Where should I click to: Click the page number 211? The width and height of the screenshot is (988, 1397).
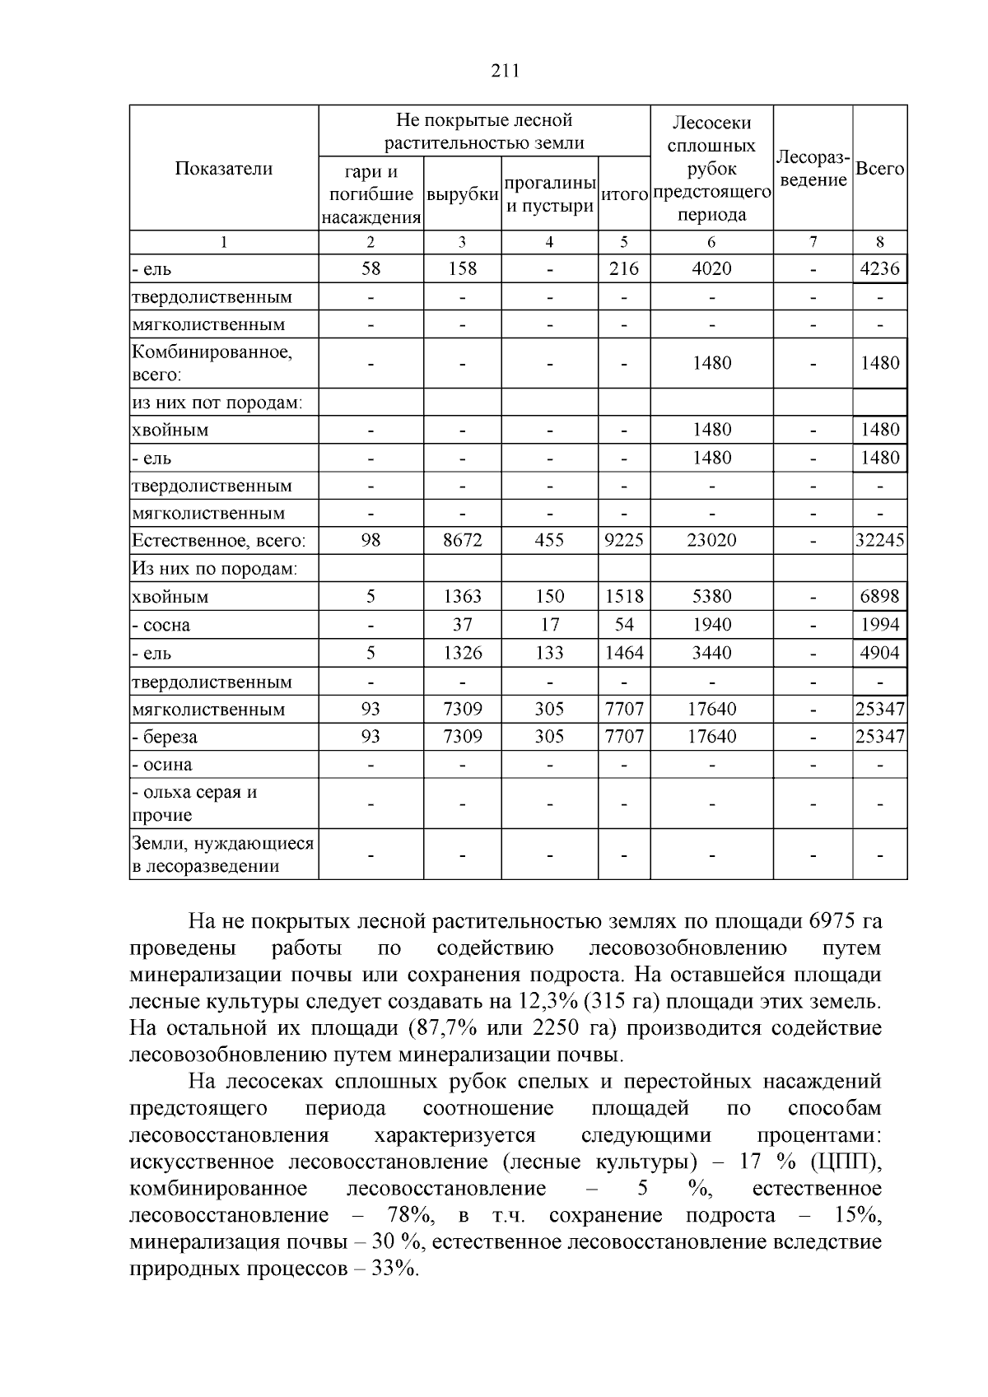click(505, 71)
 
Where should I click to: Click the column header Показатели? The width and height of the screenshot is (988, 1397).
click(223, 169)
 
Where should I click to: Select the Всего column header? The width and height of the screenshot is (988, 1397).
click(879, 169)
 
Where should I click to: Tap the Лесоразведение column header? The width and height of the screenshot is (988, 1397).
click(813, 169)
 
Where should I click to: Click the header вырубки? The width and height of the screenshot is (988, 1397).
click(463, 195)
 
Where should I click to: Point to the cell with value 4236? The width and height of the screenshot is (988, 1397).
click(879, 269)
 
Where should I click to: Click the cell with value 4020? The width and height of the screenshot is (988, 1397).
click(711, 269)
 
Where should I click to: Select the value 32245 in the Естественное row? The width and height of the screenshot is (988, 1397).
click(879, 541)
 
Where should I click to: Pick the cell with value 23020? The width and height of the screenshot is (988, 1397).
click(711, 541)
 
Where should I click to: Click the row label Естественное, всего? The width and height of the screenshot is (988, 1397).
click(219, 541)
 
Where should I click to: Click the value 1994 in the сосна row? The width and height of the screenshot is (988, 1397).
click(879, 625)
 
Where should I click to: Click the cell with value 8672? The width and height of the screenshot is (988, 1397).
click(463, 541)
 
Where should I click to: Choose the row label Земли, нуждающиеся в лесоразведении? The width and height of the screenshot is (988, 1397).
click(223, 854)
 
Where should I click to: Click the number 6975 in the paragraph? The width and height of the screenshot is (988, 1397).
click(834, 921)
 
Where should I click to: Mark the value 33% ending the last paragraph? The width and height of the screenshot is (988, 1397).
click(394, 1269)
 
